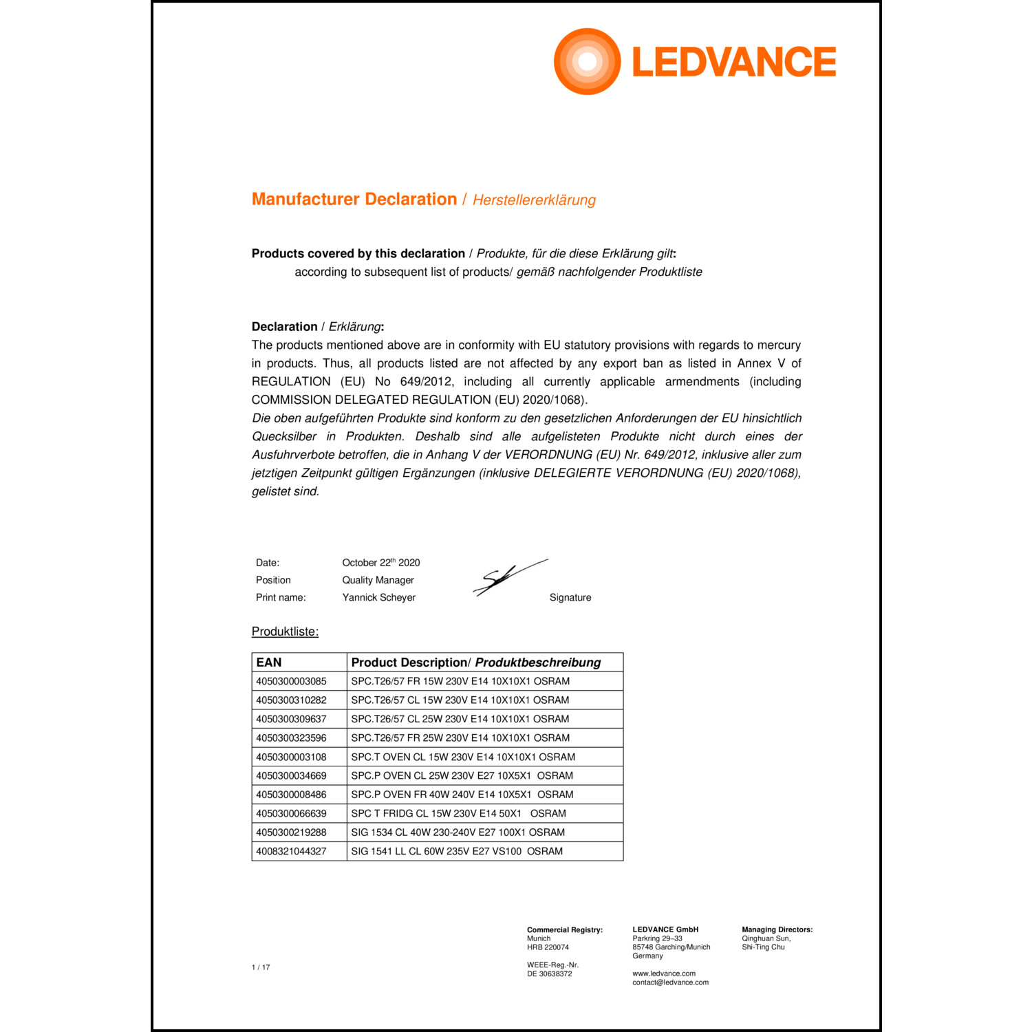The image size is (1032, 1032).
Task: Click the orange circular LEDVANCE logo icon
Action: coord(587,61)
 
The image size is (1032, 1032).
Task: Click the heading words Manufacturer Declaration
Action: coord(354,200)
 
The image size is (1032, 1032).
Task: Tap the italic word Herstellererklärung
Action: coord(534,200)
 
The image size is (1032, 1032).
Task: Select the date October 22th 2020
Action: coord(381,563)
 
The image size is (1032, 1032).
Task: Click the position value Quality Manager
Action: coord(378,580)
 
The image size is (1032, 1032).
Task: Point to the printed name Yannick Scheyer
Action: coord(378,597)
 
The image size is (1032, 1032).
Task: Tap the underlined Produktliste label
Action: coord(285,632)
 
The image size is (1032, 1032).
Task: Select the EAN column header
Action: coord(269,663)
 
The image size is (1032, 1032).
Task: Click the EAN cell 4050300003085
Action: coord(291,681)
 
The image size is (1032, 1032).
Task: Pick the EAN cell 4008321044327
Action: coord(291,851)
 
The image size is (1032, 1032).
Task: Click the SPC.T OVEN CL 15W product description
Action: coord(463,757)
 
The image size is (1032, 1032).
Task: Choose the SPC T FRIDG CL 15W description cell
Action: coord(458,813)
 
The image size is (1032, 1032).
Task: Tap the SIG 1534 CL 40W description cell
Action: coord(458,832)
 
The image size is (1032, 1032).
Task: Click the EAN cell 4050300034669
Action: coord(291,775)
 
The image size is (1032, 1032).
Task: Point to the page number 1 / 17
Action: coord(261,967)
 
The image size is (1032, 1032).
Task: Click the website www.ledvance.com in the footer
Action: coord(664,974)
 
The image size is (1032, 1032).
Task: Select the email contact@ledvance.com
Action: coord(670,982)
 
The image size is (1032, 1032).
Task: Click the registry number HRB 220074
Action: coord(548,947)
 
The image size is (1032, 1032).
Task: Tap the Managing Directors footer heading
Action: coord(777,929)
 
